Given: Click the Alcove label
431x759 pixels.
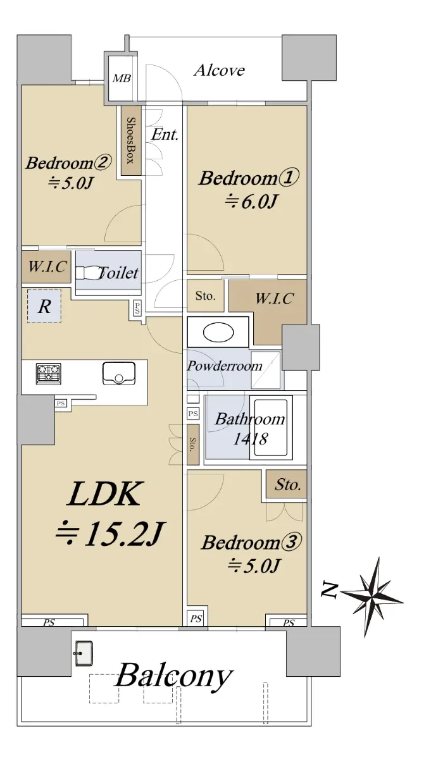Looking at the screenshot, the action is (x=219, y=70).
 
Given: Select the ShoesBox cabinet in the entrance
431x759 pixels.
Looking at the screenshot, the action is (x=131, y=140).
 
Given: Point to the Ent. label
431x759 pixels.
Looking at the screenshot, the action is (x=165, y=135).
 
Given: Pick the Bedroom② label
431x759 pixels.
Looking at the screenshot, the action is (x=68, y=163).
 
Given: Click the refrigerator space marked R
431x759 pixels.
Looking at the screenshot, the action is (x=44, y=306).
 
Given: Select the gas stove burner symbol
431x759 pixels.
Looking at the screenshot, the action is (x=49, y=374).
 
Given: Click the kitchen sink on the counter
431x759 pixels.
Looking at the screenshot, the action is (x=119, y=373).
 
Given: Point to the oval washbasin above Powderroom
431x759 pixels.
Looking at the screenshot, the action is (x=218, y=333).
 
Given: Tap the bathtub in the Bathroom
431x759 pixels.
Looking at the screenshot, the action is (x=271, y=428).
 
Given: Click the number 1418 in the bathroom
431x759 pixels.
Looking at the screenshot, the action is (x=251, y=439).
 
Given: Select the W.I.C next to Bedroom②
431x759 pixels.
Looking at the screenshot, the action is (x=46, y=267).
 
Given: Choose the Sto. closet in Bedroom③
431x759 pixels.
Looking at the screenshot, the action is (x=286, y=483).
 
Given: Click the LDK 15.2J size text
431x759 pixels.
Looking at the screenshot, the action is (x=110, y=534).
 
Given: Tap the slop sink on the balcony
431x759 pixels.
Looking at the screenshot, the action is (x=83, y=653).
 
